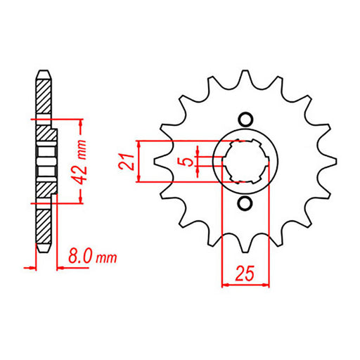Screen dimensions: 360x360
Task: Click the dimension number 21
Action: (128, 160)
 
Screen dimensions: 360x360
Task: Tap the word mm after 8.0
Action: (105, 258)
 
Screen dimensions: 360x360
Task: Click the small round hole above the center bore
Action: (245, 117)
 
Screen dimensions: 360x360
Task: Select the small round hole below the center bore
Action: (245, 204)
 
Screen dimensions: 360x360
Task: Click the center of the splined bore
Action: (245, 160)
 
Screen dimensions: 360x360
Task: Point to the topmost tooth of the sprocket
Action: (245, 75)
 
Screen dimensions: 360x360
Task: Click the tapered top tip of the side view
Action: (44, 72)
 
